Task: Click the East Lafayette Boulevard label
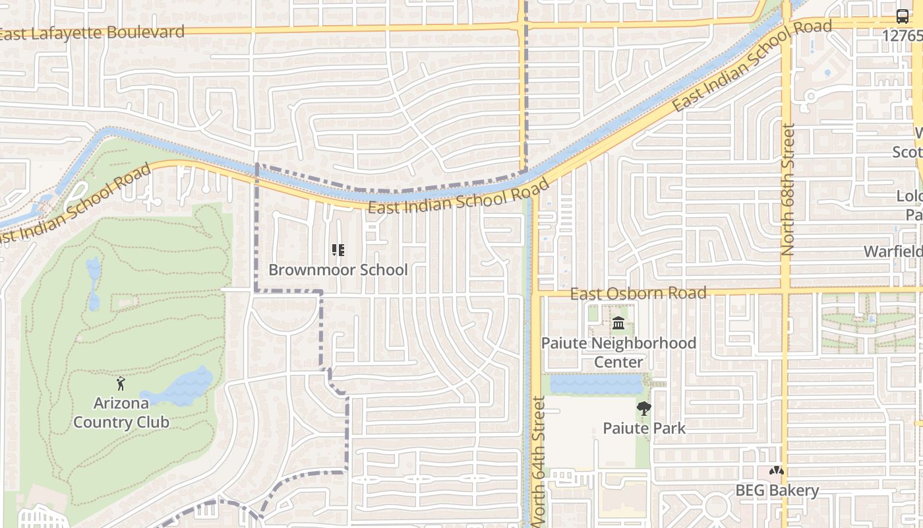pos(92,32)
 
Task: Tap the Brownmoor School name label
pos(338,270)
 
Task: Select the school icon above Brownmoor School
pos(338,250)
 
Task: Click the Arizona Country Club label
pos(121,412)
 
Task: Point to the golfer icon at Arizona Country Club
pos(121,383)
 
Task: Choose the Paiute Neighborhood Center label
pos(618,352)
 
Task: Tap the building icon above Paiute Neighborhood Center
pos(618,323)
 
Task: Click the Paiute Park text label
pos(644,428)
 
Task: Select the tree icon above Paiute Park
pos(644,409)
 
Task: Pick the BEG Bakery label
pos(777,490)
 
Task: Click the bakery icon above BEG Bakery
pos(777,471)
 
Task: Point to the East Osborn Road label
pos(638,293)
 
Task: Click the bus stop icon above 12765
pos(903,16)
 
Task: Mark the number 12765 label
pos(902,36)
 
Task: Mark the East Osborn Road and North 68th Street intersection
pos(786,290)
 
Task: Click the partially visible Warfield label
pos(893,252)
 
